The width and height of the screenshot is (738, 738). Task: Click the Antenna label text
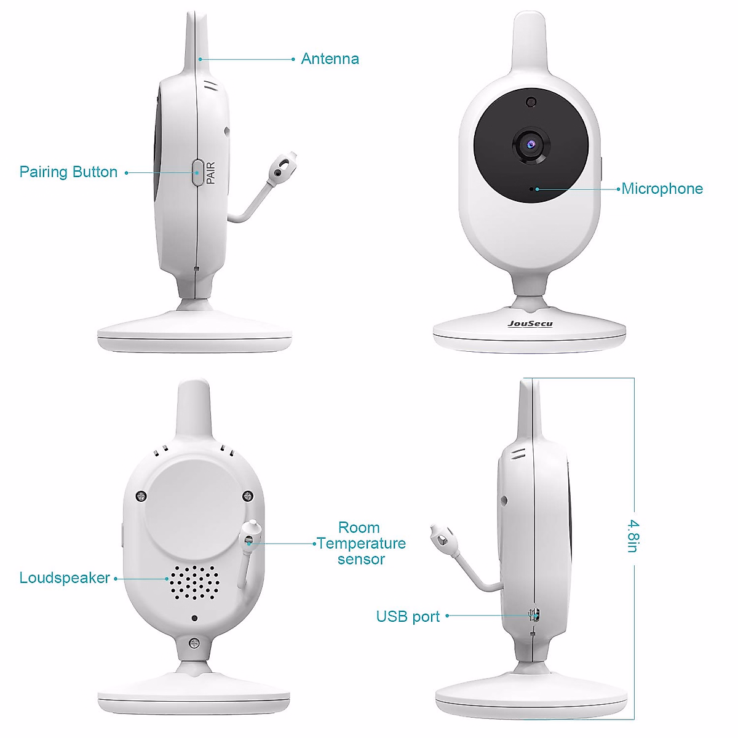click(x=330, y=59)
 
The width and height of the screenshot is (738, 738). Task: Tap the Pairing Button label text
click(x=68, y=172)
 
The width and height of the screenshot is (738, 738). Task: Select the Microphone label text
click(x=662, y=188)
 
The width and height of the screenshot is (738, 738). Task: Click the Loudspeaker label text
click(x=65, y=578)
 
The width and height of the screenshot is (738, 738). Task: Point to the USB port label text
click(x=408, y=617)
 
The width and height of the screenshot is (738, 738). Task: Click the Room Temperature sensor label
click(x=361, y=543)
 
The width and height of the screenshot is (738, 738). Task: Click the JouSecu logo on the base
click(x=530, y=323)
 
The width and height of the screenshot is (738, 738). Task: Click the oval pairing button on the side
click(x=197, y=172)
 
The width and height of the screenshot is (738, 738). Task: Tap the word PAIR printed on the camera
click(x=211, y=173)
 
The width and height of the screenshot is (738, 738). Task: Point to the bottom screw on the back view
click(x=194, y=643)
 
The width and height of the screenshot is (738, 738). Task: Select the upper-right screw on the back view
click(x=247, y=496)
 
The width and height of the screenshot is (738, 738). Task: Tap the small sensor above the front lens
click(x=531, y=101)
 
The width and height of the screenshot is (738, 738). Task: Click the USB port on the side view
click(x=534, y=614)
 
